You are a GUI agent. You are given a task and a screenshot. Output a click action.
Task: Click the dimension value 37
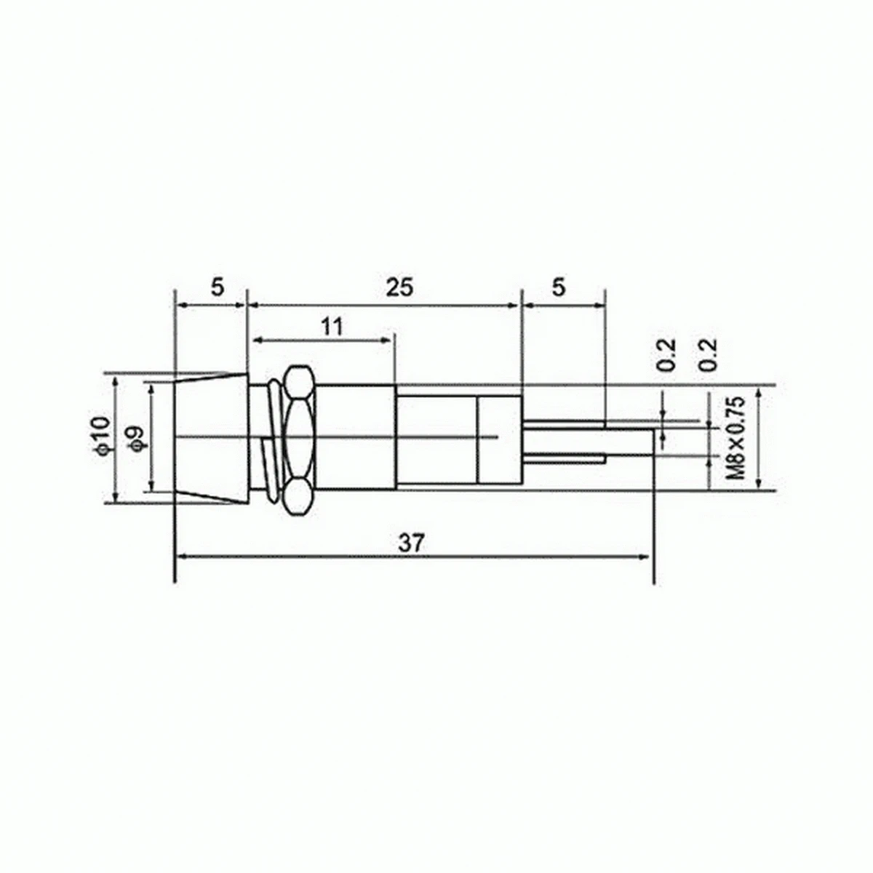point(412,543)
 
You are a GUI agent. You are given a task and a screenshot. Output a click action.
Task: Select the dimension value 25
point(399,288)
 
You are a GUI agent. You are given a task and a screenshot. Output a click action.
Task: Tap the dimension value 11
point(332,327)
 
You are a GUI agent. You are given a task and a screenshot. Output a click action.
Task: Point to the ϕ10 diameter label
point(104,435)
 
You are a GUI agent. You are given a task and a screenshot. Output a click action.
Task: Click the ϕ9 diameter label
point(137,438)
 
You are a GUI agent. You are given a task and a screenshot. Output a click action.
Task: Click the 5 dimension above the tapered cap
point(218,287)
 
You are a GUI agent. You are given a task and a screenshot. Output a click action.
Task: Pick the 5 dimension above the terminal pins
point(559,287)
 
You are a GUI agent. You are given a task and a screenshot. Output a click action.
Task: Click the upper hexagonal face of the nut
point(299,383)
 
